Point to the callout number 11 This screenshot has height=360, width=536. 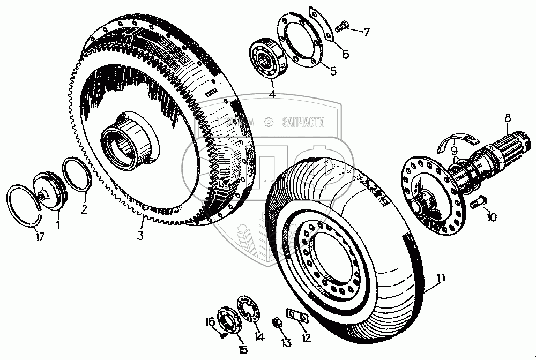pyautogui.click(x=441, y=277)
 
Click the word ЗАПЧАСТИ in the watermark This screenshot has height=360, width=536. pyautogui.click(x=303, y=123)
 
